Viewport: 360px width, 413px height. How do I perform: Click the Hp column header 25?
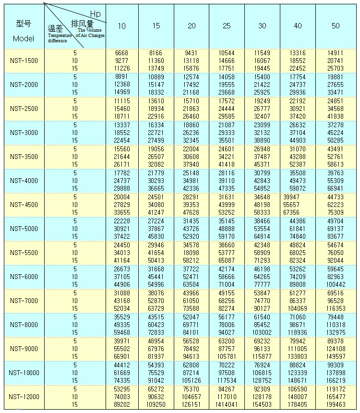[227, 26]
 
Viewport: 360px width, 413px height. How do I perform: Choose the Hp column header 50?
[336, 26]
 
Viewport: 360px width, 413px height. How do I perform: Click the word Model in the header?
[24, 39]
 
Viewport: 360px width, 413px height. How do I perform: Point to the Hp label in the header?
[96, 14]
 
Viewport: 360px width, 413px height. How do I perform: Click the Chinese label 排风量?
[82, 23]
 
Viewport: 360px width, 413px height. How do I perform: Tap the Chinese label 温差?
[56, 29]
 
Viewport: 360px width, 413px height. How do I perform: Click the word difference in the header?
[58, 40]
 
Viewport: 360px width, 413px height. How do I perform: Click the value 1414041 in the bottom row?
[227, 405]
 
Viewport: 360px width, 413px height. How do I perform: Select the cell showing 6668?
[121, 53]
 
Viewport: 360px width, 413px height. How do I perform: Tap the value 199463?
[336, 405]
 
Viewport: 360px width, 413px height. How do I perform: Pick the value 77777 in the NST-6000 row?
[262, 284]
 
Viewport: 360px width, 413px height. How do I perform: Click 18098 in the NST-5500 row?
[192, 253]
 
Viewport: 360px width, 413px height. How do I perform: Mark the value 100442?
[336, 284]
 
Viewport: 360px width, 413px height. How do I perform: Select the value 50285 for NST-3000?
[336, 140]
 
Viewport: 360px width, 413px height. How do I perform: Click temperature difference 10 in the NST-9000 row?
[75, 349]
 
